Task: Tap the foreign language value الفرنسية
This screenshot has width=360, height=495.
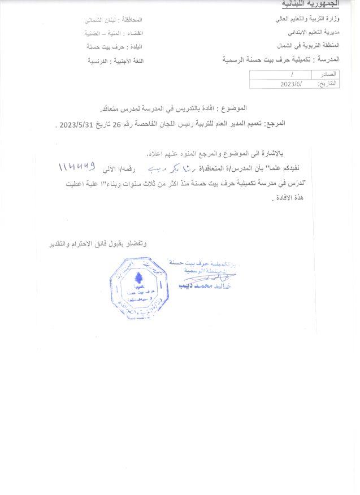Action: click(x=100, y=59)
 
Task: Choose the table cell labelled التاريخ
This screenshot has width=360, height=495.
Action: click(x=327, y=84)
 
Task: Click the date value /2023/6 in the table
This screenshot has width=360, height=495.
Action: click(x=291, y=84)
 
